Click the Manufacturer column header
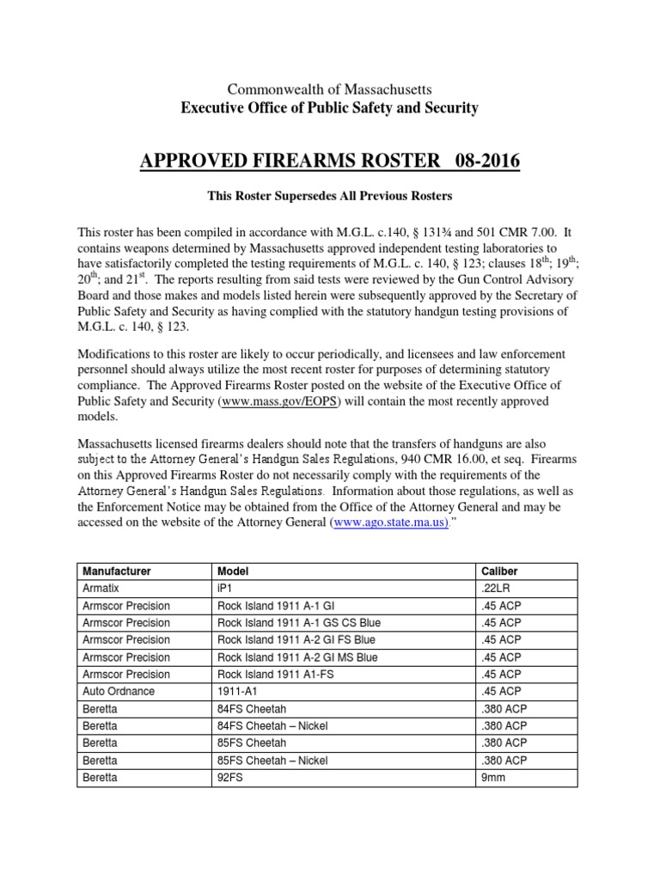[x=116, y=571]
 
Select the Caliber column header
[x=498, y=571]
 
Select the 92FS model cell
[x=230, y=777]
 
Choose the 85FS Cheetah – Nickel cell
[x=272, y=760]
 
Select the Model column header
[x=233, y=571]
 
